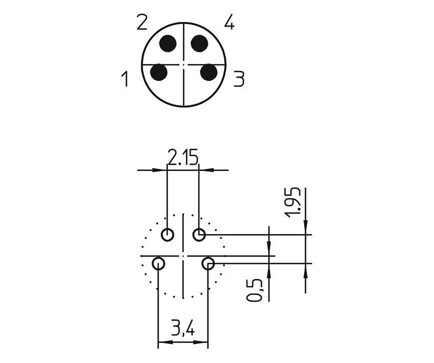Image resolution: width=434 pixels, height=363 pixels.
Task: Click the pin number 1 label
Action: tap(124, 80)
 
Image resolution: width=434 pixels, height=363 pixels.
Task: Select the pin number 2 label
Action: tap(142, 23)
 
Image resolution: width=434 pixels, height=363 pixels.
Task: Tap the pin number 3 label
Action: tap(239, 79)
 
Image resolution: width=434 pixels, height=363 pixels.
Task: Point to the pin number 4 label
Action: tap(229, 23)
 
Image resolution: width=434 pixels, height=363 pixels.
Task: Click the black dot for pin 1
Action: tap(159, 72)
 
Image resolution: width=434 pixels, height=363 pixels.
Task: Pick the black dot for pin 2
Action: tap(167, 44)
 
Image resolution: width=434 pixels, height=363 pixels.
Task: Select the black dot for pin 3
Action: tap(208, 72)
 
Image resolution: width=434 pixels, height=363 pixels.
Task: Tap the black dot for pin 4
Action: tap(200, 44)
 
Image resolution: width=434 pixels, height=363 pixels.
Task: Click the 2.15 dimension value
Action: tap(183, 158)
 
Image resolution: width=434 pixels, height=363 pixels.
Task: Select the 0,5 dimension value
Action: tap(255, 289)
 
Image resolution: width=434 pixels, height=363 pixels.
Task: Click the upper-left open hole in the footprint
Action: tap(167, 235)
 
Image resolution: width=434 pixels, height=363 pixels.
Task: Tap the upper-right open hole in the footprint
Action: tap(199, 235)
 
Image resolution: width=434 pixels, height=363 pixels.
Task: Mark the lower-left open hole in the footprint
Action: tap(159, 264)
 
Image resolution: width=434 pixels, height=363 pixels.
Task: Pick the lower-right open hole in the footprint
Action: tap(208, 264)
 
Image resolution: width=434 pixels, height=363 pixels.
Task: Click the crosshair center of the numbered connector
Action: tap(184, 65)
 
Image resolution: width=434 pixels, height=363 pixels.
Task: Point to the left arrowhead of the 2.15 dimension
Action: tap(163, 169)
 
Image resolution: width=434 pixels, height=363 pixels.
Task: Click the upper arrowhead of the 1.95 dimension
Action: tap(306, 230)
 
